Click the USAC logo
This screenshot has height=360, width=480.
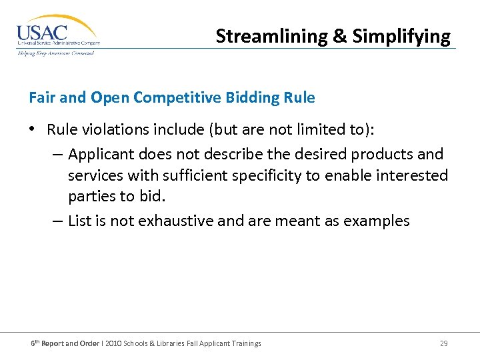[x=57, y=34]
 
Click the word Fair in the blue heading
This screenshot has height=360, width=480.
[x=41, y=97]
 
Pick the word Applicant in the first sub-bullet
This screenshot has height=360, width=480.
[x=101, y=155]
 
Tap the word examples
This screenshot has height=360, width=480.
[x=376, y=221]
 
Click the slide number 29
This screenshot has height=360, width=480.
[x=443, y=343]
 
